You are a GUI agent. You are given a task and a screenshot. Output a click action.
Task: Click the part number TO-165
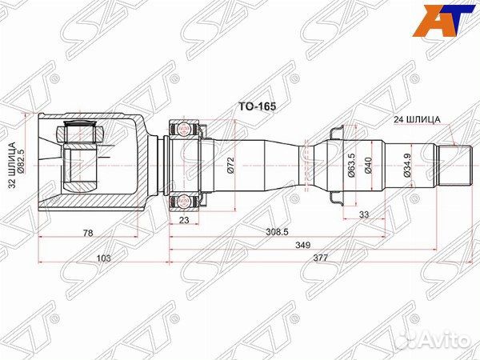pos(253,105)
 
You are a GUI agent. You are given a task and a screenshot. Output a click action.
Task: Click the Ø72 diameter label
pos(230,167)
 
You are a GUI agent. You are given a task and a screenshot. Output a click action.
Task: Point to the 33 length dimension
pos(364,214)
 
